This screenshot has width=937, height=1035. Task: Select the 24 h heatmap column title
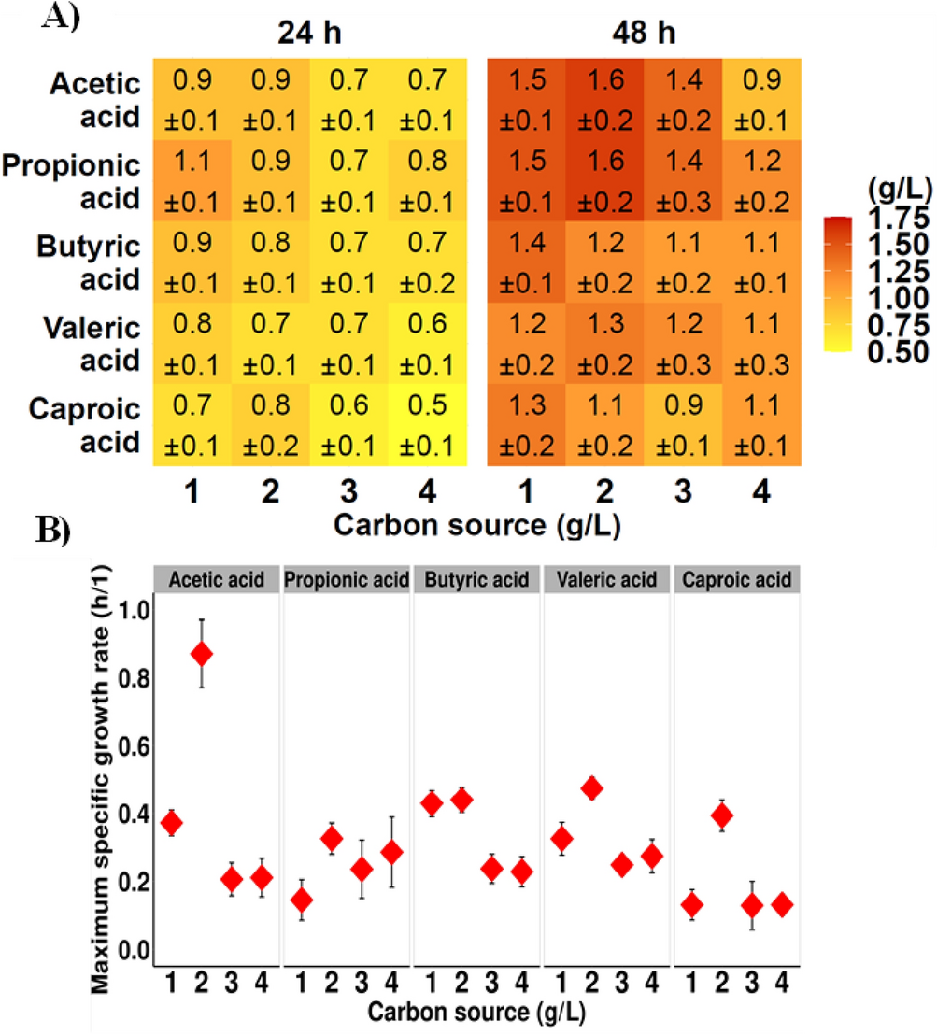(x=307, y=34)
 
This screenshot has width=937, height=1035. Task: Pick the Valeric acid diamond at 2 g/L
(x=590, y=788)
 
